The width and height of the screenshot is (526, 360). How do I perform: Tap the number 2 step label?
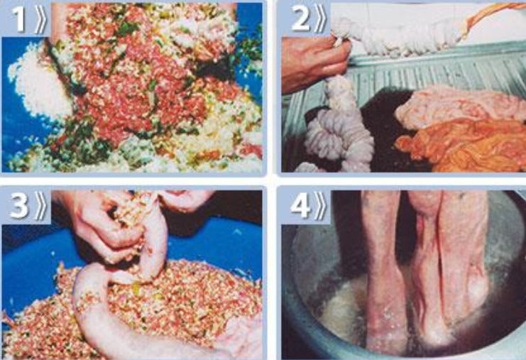[300, 18]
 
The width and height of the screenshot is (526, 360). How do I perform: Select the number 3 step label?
[18, 205]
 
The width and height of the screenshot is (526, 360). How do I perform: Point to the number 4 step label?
[300, 205]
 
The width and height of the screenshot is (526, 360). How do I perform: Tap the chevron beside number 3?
[40, 205]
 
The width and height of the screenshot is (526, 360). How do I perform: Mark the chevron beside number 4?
[320, 205]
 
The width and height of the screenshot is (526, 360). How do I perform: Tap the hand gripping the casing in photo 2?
[314, 64]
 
